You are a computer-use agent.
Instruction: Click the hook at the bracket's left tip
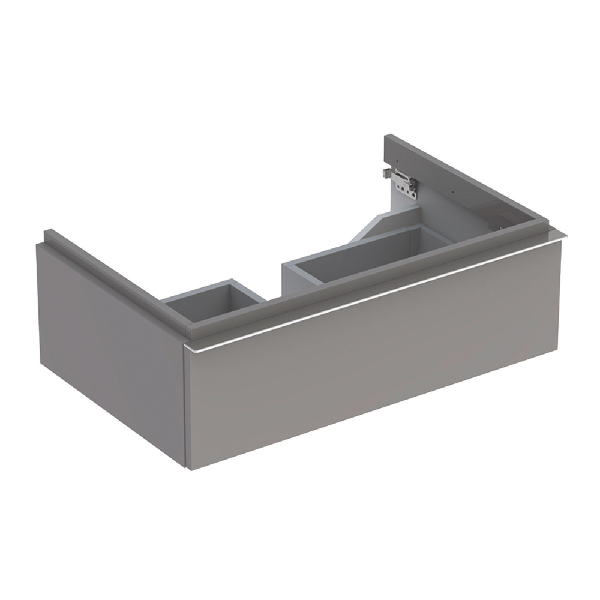tap(382, 174)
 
